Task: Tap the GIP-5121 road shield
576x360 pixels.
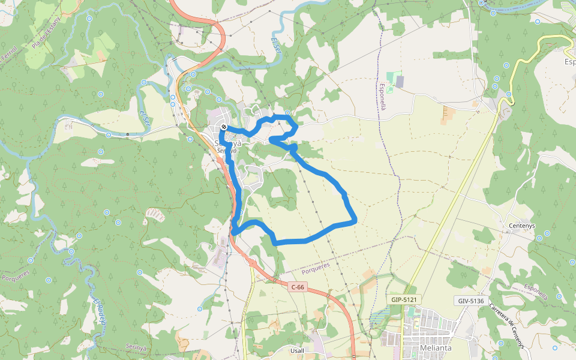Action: (x=403, y=299)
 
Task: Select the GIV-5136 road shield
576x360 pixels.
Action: (x=469, y=301)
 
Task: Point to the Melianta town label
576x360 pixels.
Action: (x=427, y=348)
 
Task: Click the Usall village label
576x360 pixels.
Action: (x=296, y=350)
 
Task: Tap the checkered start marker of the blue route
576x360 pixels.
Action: (x=223, y=127)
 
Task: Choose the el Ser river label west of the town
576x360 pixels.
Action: (x=145, y=118)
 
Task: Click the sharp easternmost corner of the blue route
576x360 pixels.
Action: (x=356, y=221)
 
